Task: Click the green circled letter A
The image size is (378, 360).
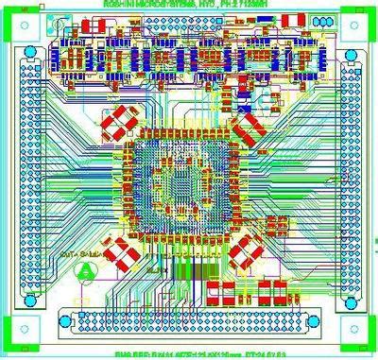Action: [x=85, y=269]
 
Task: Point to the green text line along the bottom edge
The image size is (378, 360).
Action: [x=189, y=354]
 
